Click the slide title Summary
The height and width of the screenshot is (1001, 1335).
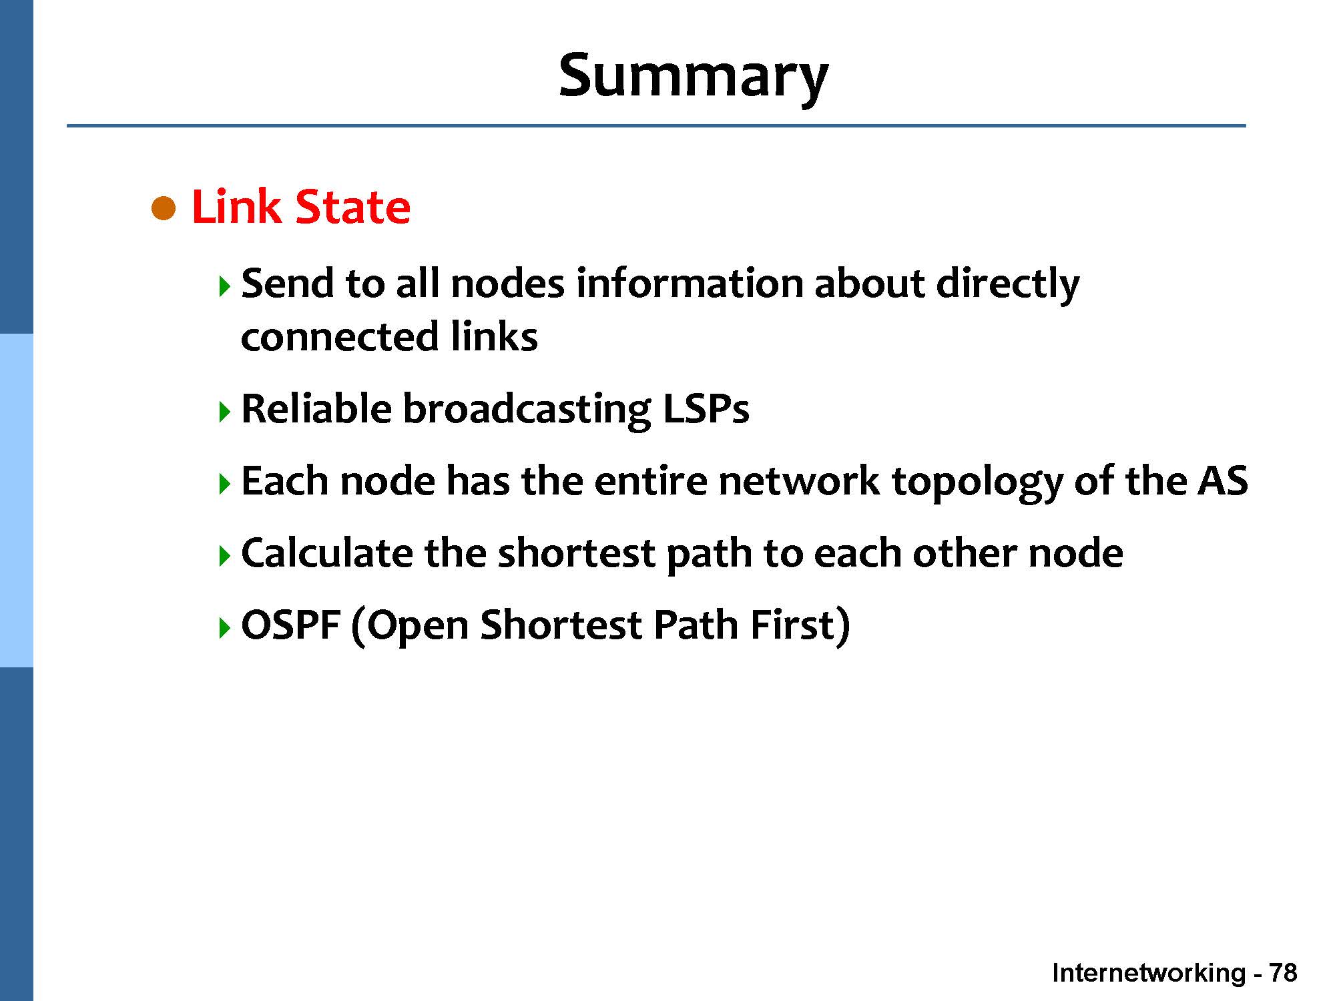pyautogui.click(x=693, y=75)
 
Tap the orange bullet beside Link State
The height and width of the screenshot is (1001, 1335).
pyautogui.click(x=164, y=209)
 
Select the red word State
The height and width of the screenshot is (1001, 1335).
pyautogui.click(x=352, y=207)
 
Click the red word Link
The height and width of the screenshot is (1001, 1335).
pyautogui.click(x=236, y=207)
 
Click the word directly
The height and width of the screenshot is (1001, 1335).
pyautogui.click(x=1007, y=284)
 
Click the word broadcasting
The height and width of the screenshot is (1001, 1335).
pyautogui.click(x=526, y=410)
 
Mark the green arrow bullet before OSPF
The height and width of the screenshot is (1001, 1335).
pyautogui.click(x=224, y=628)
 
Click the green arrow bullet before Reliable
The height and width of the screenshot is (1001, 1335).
pyautogui.click(x=224, y=412)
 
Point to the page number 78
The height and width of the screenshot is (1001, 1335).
pyautogui.click(x=1282, y=973)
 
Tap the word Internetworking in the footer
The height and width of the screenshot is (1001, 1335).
pyautogui.click(x=1148, y=973)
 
